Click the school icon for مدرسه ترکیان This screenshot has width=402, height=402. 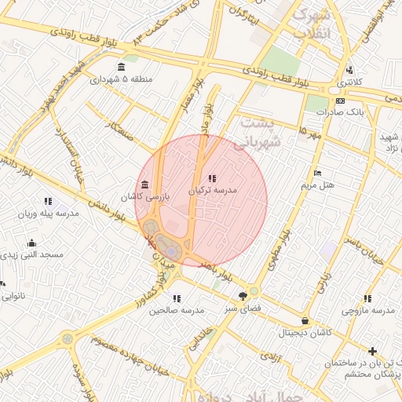(x=213, y=178)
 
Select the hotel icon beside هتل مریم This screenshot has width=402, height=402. (x=317, y=173)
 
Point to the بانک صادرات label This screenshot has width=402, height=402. (x=342, y=112)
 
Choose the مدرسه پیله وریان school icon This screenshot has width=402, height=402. (x=49, y=201)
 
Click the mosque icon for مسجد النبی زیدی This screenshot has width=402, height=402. (x=31, y=243)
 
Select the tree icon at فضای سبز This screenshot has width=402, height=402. (x=243, y=296)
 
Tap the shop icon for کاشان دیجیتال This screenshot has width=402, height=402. (x=305, y=320)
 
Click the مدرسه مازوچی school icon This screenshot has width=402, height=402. (x=367, y=298)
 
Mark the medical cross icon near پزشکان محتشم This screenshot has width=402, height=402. (x=372, y=351)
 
